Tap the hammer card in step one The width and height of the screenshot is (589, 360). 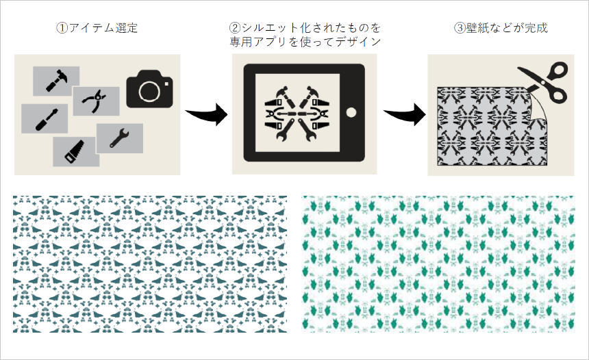coord(56,81)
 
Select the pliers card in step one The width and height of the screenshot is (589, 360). coord(96,101)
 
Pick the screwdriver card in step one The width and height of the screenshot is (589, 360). coord(45,118)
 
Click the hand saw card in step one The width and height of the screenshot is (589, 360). coord(76,151)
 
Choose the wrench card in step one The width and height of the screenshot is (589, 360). coord(120,138)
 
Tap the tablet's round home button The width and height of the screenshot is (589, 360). coord(351,112)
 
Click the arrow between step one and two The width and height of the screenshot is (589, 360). coord(207,114)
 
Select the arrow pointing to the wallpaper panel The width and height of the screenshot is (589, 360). coord(405,114)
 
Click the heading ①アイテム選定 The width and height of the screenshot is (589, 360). coord(97,28)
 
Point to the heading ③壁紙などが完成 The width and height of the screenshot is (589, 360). coord(501,28)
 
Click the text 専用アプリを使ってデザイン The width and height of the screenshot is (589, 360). coord(305,42)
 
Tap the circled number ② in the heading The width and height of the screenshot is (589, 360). coord(235,28)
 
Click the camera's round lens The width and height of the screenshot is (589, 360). coord(149,91)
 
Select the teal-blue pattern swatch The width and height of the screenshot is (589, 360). coord(150,264)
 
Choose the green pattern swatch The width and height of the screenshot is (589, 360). coord(438,264)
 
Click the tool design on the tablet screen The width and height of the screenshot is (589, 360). coord(297,113)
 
